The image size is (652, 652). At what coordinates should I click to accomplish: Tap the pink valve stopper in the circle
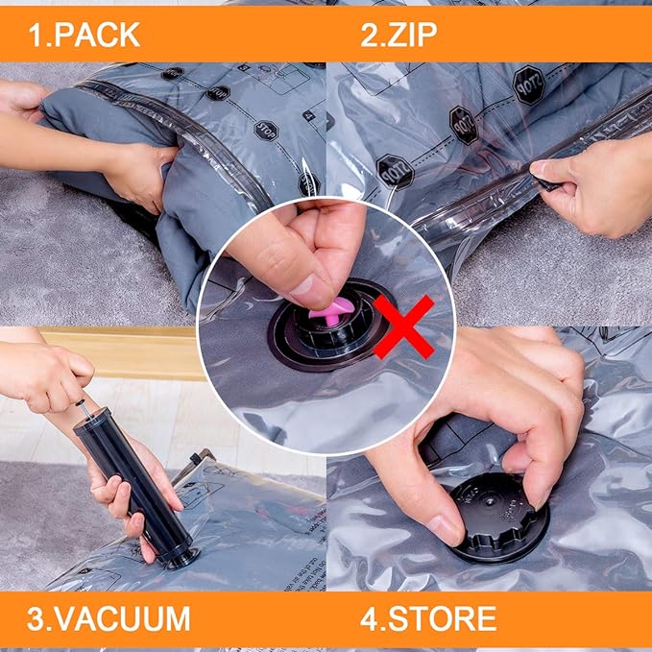332,308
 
